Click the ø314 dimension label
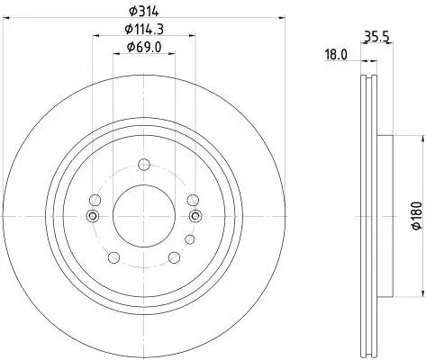point(143,12)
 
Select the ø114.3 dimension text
point(144,29)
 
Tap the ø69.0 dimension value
point(144,47)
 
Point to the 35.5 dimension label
point(376,37)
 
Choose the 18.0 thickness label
point(335,55)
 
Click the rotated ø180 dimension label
point(417,216)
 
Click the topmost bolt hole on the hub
point(144,164)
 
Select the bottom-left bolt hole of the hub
point(113,257)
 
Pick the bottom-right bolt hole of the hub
point(174,257)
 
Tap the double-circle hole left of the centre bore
point(93,216)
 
